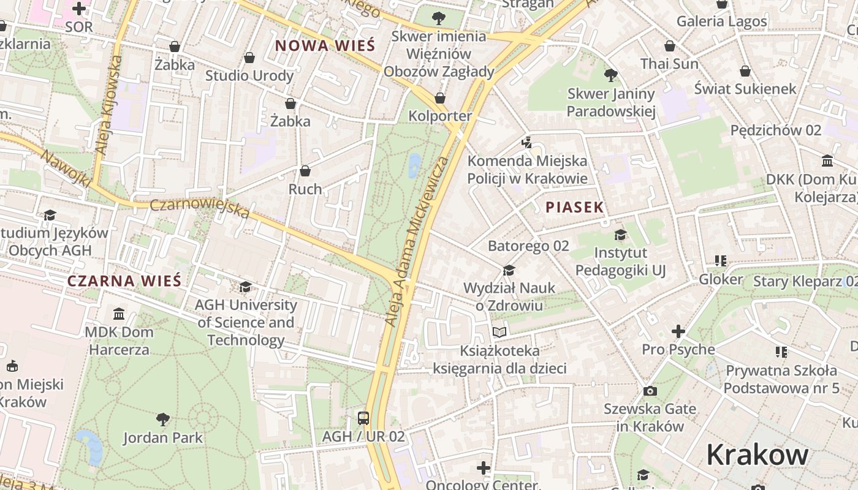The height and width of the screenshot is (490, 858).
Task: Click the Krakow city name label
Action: click(757, 455)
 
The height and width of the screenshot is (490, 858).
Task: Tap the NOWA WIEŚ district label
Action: click(325, 45)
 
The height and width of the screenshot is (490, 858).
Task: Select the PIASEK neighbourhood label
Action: click(575, 207)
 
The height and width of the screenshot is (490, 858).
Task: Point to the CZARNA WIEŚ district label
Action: click(124, 281)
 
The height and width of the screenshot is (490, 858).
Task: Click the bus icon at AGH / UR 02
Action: click(363, 418)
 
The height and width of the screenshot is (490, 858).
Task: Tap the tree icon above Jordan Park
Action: click(162, 420)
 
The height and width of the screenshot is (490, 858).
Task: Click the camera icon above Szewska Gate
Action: click(650, 391)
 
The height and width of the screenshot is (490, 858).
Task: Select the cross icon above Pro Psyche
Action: click(678, 331)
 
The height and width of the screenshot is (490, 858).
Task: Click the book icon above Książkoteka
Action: click(499, 332)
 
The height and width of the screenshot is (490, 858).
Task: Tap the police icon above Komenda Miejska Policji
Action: click(526, 143)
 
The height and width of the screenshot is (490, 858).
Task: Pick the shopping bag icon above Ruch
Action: click(305, 171)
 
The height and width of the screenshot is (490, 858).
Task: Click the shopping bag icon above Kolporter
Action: click(439, 98)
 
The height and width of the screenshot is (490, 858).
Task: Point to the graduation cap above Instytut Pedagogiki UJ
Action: click(620, 235)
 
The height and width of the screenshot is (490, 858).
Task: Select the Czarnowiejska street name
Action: click(200, 208)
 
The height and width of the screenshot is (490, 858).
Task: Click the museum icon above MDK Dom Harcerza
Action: click(119, 314)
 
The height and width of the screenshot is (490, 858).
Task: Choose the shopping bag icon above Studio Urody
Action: click(249, 58)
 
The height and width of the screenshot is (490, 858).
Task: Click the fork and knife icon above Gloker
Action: click(720, 261)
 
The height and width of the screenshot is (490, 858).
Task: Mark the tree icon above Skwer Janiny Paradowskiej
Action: click(610, 75)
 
